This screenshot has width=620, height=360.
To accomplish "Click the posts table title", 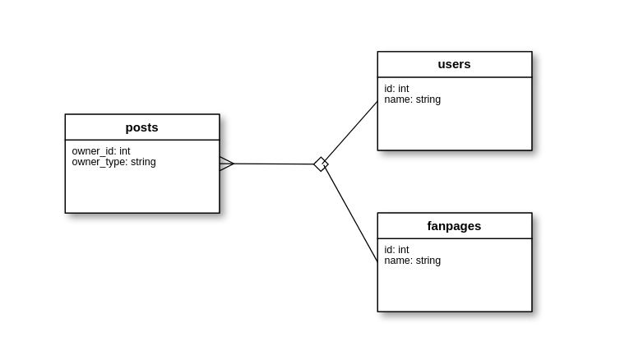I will point(141,127).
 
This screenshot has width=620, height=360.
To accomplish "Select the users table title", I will point(454,64).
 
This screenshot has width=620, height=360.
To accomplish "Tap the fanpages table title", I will point(454,225).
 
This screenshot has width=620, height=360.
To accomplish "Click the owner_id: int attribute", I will point(101,151).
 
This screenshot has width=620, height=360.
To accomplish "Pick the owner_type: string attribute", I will point(113,162).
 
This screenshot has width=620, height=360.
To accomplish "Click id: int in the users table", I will point(396,89).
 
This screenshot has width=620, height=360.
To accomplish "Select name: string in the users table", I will point(412,99).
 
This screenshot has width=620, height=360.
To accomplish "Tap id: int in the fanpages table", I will point(396,250).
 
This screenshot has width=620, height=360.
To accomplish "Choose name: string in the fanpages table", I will point(412,261).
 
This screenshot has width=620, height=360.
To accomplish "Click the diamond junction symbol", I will point(321,164).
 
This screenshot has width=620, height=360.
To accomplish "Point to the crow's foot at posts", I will point(226,164).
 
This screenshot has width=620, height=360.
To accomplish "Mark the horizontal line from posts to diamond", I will point(275,164).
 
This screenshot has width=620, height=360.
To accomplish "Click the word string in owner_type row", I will point(143,162).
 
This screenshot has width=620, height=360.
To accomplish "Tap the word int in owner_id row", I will point(124,151).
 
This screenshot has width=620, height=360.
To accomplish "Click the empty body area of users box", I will point(454,127).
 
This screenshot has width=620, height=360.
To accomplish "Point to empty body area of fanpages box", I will point(454,288).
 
